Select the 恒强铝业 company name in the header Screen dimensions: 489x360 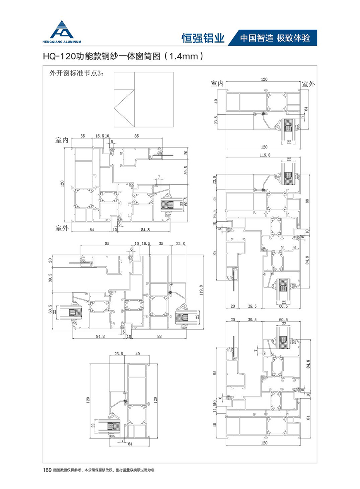click(x=203, y=38)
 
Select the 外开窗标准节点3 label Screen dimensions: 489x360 click(x=74, y=73)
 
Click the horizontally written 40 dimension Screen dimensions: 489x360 click(x=137, y=354)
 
